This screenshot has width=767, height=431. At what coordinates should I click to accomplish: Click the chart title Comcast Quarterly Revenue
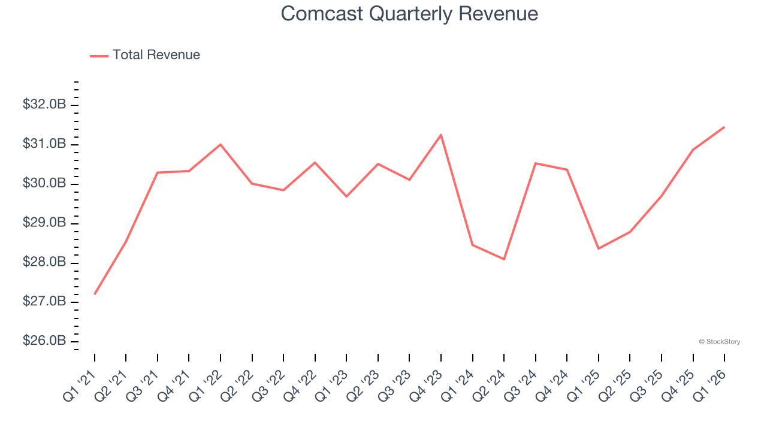pyautogui.click(x=409, y=14)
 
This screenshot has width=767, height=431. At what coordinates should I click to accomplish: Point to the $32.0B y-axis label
pyautogui.click(x=44, y=105)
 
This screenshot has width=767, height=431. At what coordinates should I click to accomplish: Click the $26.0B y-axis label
pyautogui.click(x=44, y=341)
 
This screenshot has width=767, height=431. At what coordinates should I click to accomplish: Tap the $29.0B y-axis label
pyautogui.click(x=44, y=223)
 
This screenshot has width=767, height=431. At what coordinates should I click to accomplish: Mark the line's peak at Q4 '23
pyautogui.click(x=441, y=135)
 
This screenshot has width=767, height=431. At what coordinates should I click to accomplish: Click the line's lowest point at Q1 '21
pyautogui.click(x=95, y=294)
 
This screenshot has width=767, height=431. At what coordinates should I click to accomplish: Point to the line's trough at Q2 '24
pyautogui.click(x=504, y=259)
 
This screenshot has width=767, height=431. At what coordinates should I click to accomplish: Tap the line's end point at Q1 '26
pyautogui.click(x=724, y=127)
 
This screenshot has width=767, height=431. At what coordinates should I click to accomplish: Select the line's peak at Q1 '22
pyautogui.click(x=221, y=144)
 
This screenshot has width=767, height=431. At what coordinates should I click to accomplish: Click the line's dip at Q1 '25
pyautogui.click(x=599, y=248)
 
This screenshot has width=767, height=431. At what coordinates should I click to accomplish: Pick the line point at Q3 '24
pyautogui.click(x=535, y=163)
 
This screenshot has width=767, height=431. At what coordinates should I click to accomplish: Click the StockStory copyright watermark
pyautogui.click(x=719, y=342)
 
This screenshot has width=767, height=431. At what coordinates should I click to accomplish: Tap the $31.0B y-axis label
pyautogui.click(x=44, y=144)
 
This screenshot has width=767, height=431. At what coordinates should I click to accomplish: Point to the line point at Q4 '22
pyautogui.click(x=315, y=162)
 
